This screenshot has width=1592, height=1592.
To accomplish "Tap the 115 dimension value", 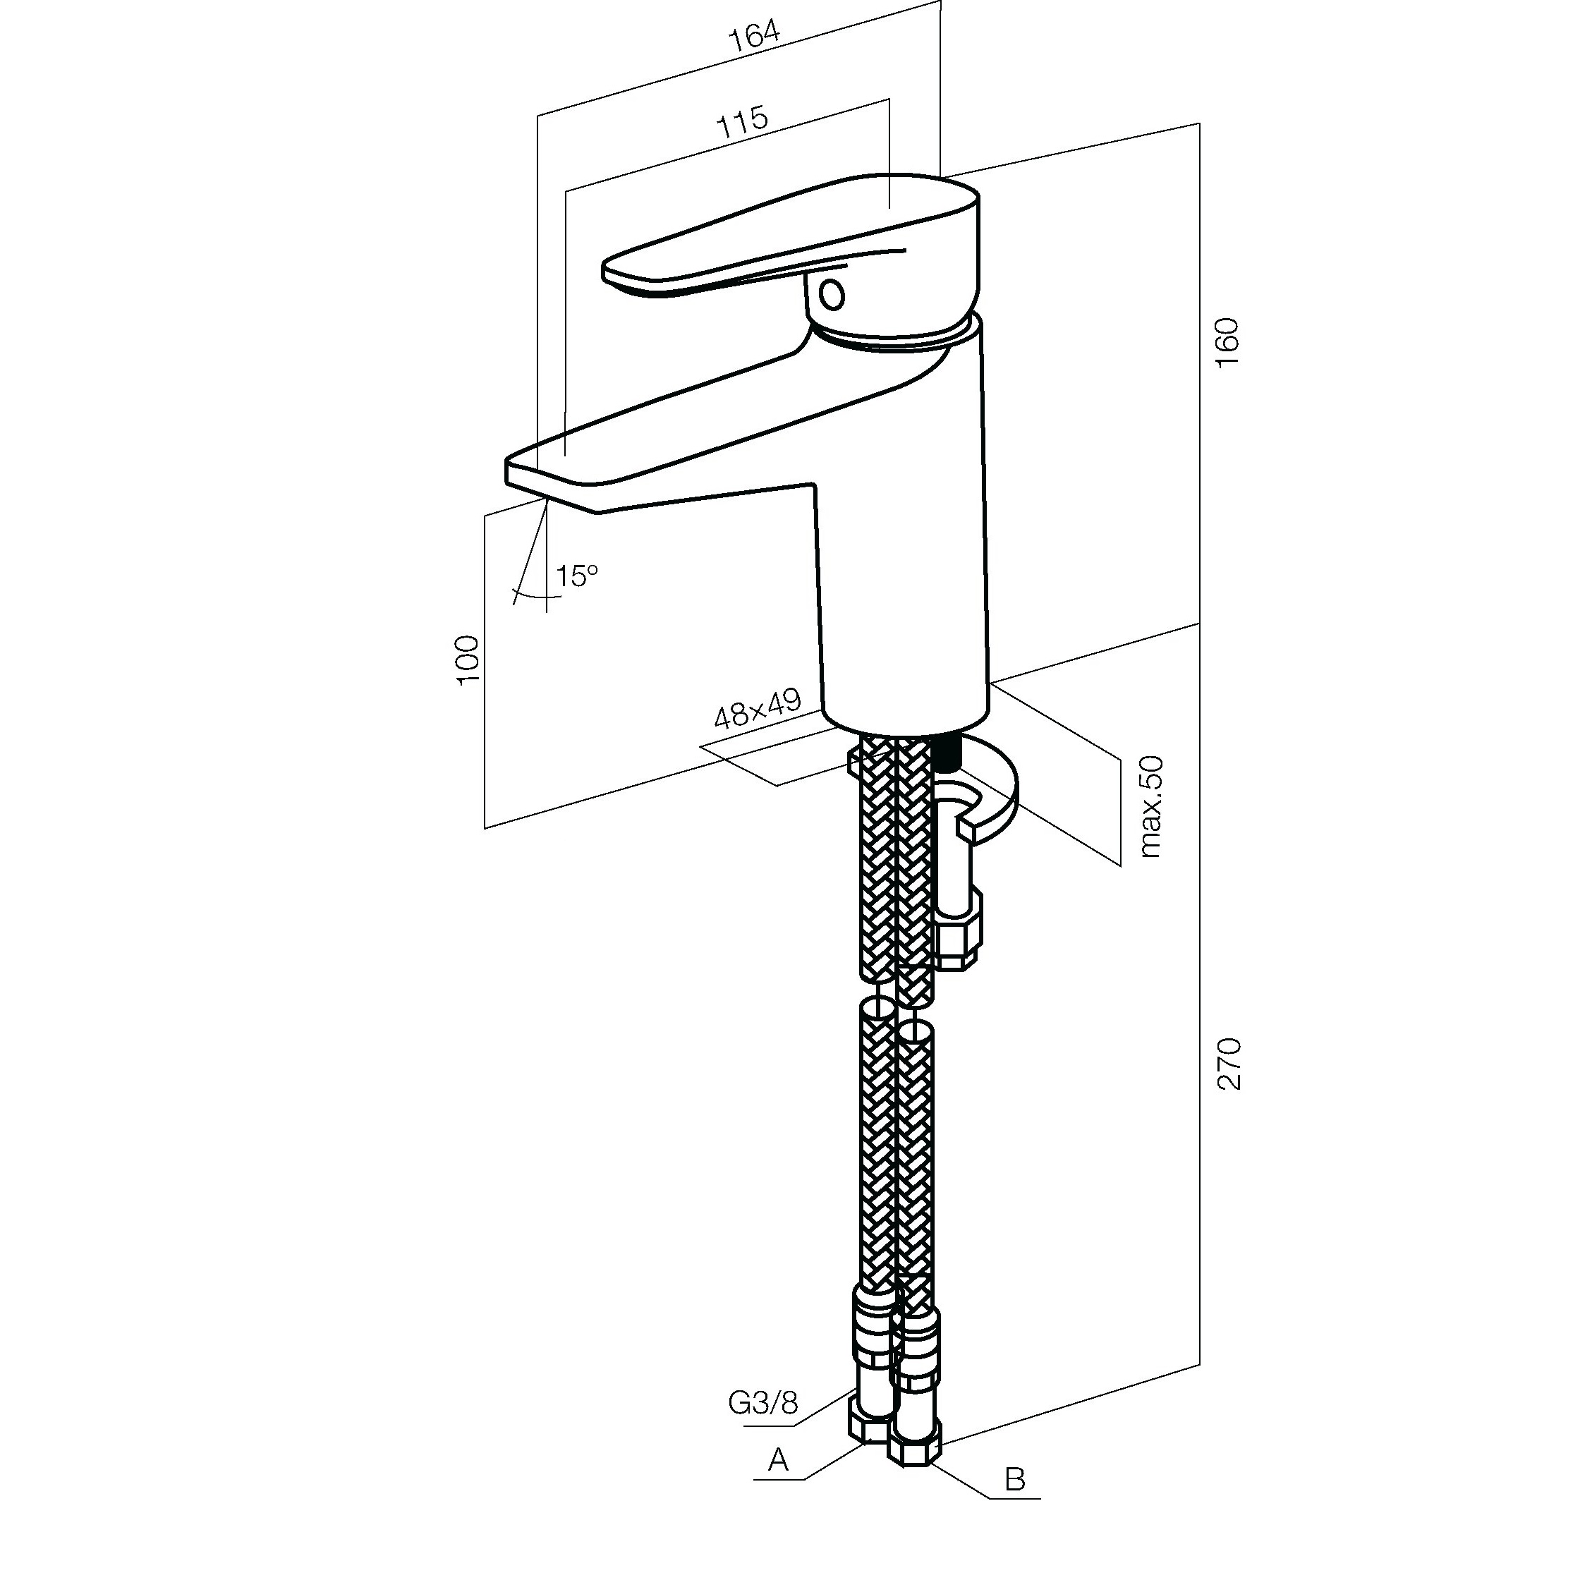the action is coord(743,122).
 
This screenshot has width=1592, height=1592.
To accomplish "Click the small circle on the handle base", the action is coord(832,294).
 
